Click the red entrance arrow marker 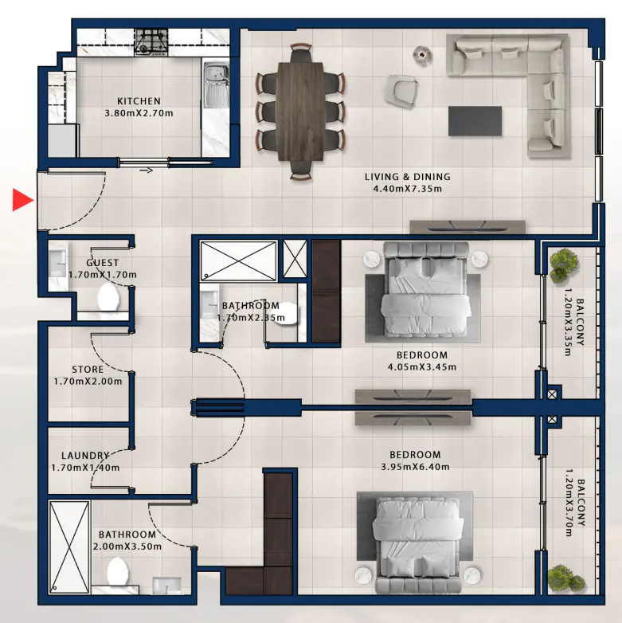[22, 201]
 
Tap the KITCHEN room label [139, 101]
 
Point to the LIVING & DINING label [407, 177]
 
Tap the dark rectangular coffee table [475, 121]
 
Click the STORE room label [88, 370]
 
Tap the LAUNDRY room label [84, 456]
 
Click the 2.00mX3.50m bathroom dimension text [127, 547]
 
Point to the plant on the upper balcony [565, 261]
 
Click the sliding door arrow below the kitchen [147, 170]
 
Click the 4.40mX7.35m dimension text [407, 190]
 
